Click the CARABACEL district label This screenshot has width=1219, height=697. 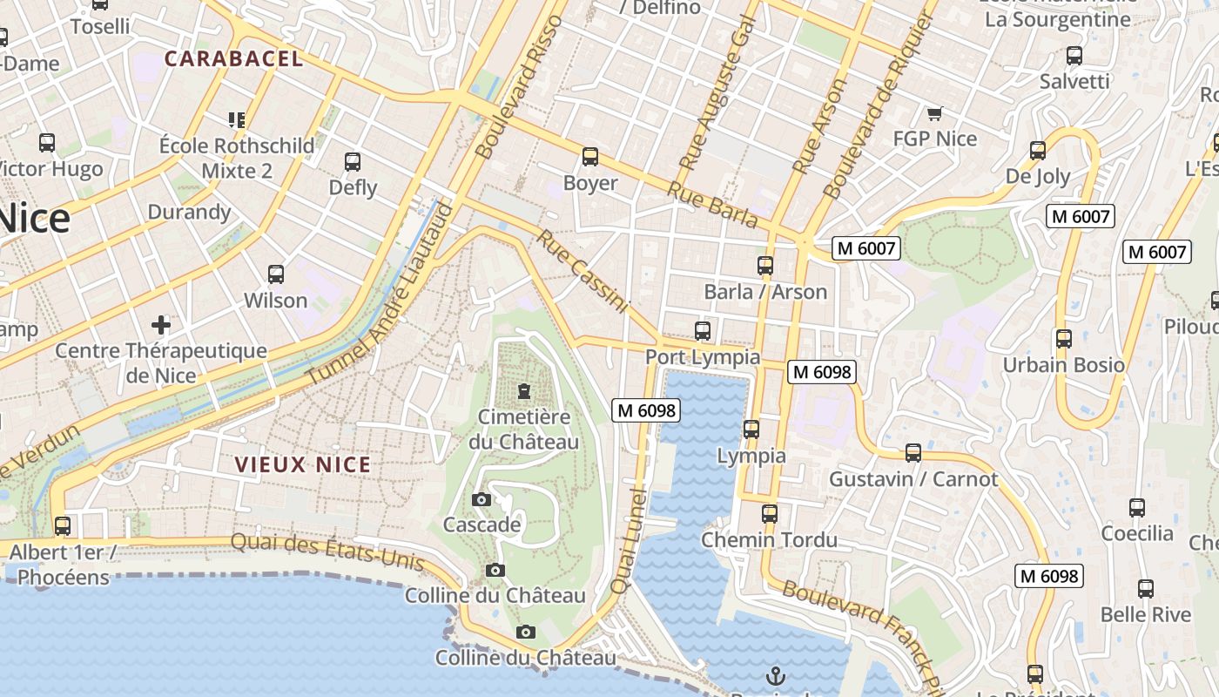[233, 59]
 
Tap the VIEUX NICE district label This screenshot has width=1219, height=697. [303, 465]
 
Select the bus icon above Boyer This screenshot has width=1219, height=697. [590, 157]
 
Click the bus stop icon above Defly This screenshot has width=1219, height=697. [353, 161]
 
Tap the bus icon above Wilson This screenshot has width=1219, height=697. [276, 274]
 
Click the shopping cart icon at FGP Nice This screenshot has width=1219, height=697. [935, 113]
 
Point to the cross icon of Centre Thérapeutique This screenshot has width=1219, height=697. [161, 325]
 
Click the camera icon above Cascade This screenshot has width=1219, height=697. [481, 499]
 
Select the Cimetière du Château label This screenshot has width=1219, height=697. [523, 429]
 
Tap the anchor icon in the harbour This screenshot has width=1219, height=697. [774, 675]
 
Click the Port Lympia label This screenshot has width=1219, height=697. [702, 357]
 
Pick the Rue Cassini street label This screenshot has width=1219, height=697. [582, 271]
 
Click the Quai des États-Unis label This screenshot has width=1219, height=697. [327, 552]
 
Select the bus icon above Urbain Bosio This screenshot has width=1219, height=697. [1063, 338]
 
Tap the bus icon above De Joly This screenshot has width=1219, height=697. [1038, 150]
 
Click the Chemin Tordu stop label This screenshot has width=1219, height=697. [769, 540]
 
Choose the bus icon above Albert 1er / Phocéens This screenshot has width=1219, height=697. [63, 526]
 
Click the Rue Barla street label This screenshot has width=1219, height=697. [712, 205]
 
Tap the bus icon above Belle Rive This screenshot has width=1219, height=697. [1146, 588]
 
